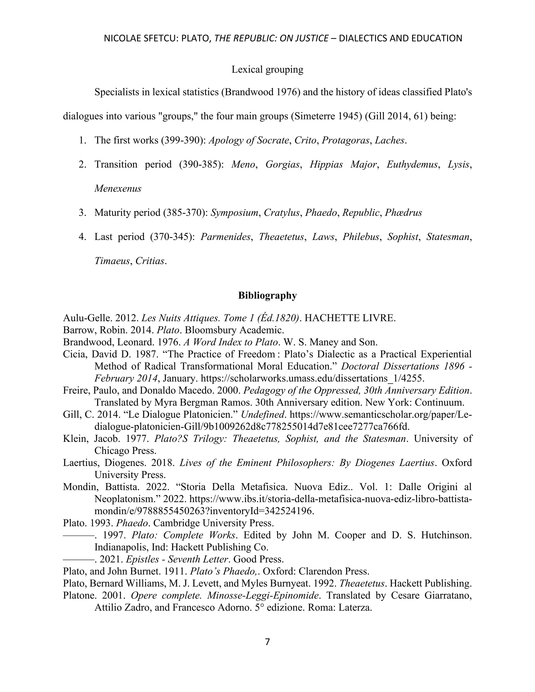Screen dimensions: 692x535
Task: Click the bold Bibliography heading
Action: tap(267, 295)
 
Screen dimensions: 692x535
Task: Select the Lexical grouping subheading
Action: tap(267, 69)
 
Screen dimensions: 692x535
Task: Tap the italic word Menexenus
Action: tap(118, 189)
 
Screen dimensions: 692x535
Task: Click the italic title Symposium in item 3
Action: tap(235, 213)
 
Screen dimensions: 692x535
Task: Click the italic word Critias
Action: tap(150, 261)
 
